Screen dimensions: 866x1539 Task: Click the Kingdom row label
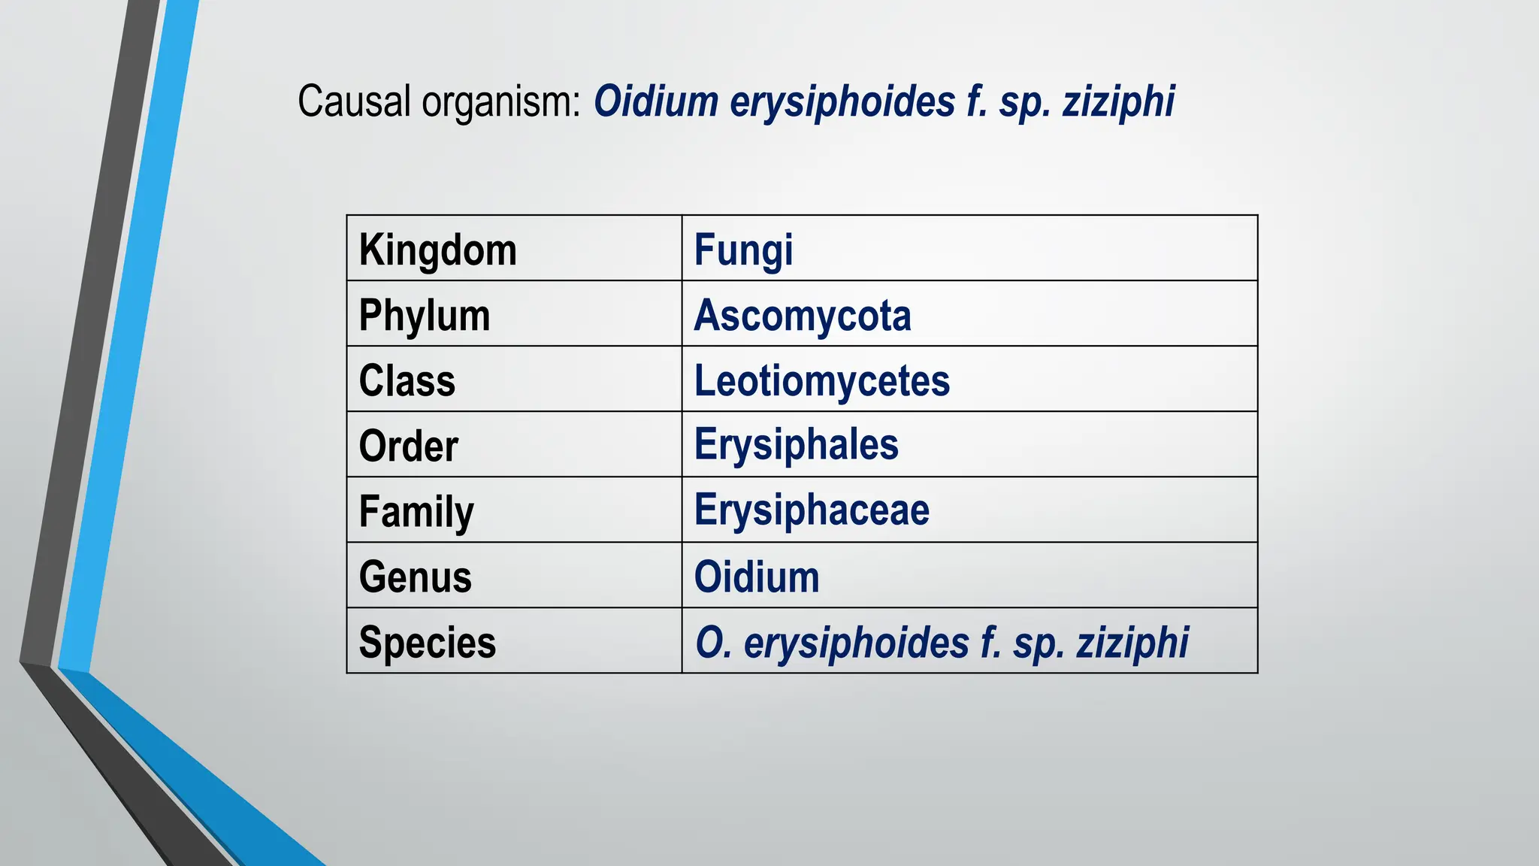click(x=437, y=250)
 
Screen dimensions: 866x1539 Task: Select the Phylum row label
click(x=424, y=316)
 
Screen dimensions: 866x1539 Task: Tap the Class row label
click(x=407, y=381)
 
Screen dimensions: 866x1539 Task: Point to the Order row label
click(x=408, y=447)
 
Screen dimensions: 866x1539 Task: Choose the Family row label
click(x=416, y=512)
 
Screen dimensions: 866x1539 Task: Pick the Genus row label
click(x=415, y=577)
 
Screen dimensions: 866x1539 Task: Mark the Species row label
click(x=427, y=643)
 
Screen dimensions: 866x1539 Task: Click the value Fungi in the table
click(x=743, y=250)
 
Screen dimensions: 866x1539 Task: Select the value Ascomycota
click(x=803, y=316)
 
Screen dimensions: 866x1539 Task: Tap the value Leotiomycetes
click(x=822, y=381)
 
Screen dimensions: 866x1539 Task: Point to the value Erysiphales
click(x=796, y=445)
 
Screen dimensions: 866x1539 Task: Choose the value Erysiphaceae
click(x=812, y=510)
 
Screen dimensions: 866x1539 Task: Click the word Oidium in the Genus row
click(x=757, y=577)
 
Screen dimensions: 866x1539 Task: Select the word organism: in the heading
click(x=501, y=102)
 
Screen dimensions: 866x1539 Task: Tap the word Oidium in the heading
click(x=656, y=101)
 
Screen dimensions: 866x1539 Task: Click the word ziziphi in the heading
click(x=1118, y=102)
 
